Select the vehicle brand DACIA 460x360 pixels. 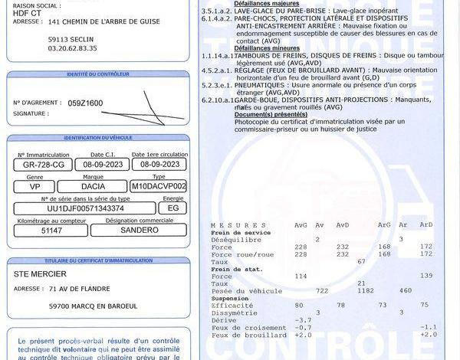tap(99, 185)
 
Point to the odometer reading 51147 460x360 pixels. tap(51, 230)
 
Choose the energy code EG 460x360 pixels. tap(173, 208)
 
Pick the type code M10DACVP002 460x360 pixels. tap(159, 185)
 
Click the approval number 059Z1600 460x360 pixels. tap(85, 103)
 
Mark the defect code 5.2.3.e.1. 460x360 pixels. tap(216, 86)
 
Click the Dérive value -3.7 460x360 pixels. tap(304, 319)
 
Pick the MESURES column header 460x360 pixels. tap(228, 225)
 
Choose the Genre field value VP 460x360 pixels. tap(35, 185)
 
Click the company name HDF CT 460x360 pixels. tap(26, 12)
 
